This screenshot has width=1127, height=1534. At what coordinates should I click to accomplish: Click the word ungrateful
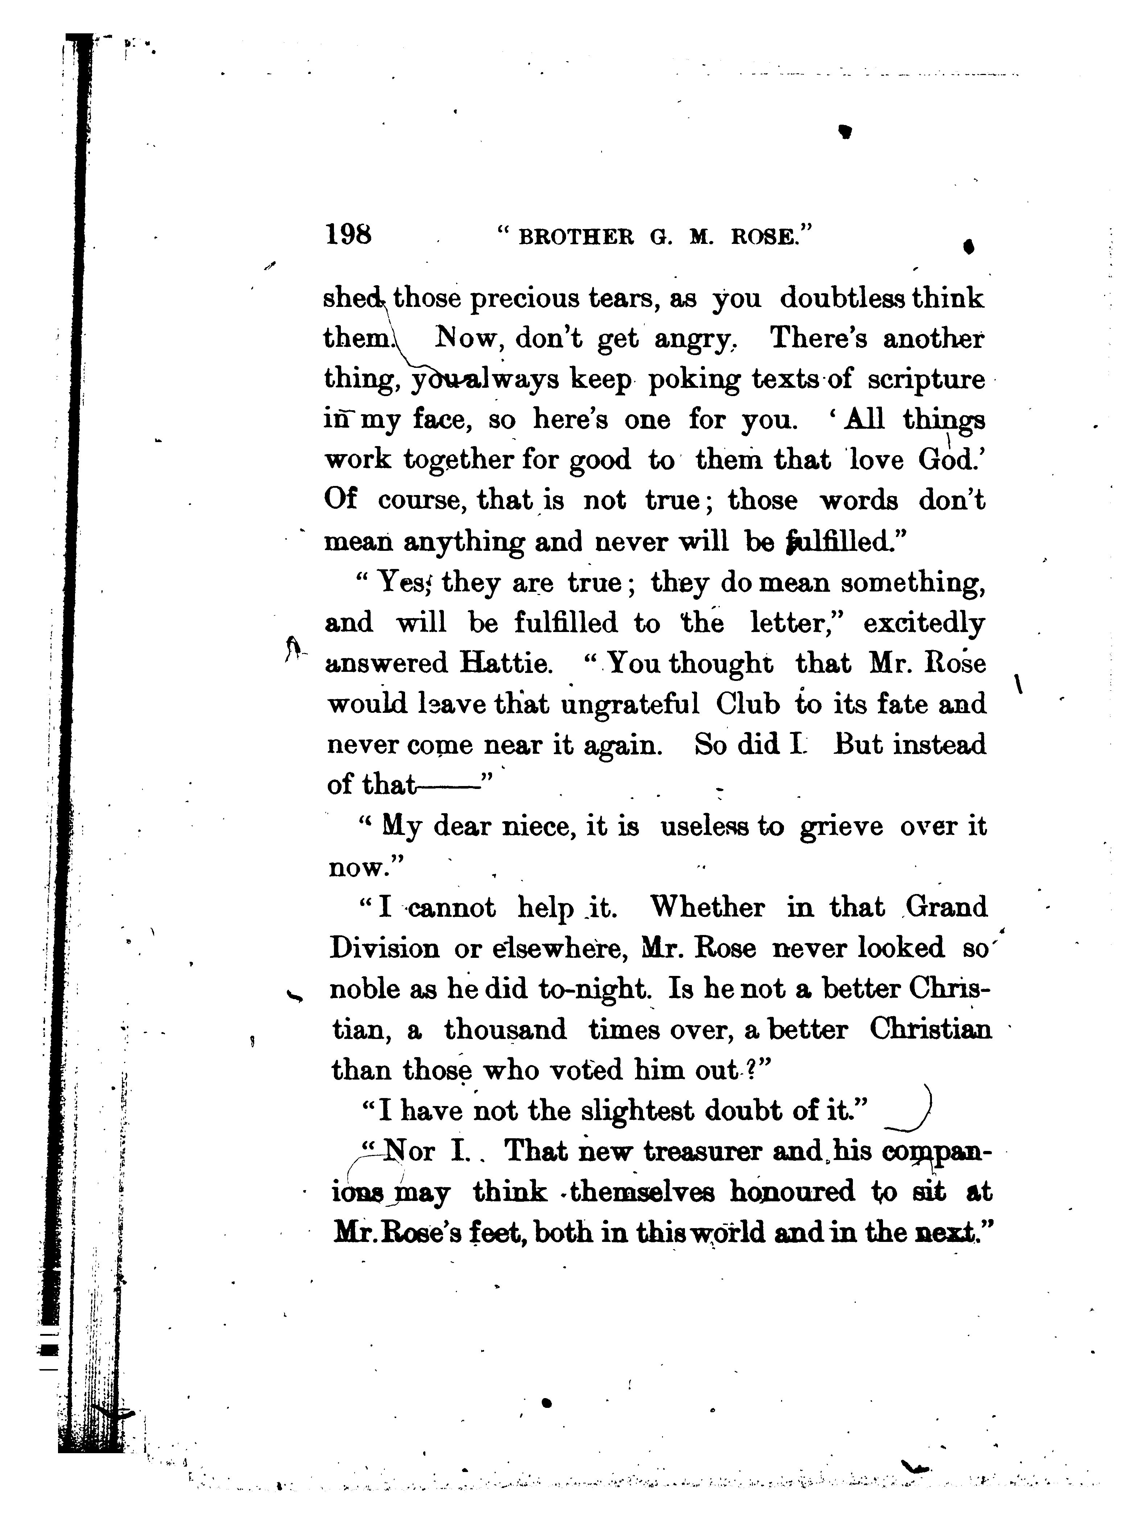[x=629, y=704]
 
